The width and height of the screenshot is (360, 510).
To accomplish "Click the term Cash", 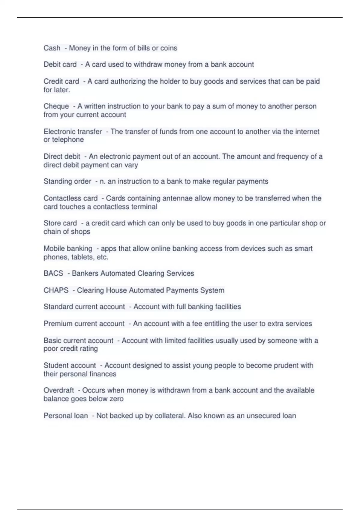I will click(52, 48).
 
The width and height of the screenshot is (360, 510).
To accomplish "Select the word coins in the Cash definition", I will click(169, 48).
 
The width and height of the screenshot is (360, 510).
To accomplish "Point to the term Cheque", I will click(56, 106).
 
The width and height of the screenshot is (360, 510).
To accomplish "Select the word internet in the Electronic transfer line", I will click(307, 131).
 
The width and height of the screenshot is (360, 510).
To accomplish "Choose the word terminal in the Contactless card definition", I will click(145, 207).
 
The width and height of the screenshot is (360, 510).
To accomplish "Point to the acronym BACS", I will click(53, 273).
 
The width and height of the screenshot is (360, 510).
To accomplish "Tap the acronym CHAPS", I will click(56, 290).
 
